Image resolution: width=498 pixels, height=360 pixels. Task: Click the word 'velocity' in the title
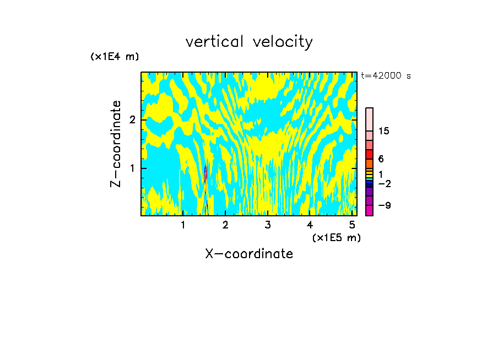[283, 42]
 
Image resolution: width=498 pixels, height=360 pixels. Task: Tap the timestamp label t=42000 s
[386, 76]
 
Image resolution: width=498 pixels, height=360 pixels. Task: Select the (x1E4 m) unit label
[115, 56]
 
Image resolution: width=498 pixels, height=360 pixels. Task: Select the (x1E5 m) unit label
[336, 237]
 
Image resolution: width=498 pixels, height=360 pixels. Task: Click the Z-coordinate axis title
[116, 144]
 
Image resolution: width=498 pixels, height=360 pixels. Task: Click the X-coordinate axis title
[249, 254]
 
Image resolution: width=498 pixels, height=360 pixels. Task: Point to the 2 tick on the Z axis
[132, 120]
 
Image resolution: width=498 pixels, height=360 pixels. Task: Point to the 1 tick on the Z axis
[132, 168]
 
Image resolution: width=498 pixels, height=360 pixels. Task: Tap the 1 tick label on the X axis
[183, 225]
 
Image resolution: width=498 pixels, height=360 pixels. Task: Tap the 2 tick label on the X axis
[225, 225]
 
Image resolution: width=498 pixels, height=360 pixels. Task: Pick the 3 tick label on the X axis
[268, 225]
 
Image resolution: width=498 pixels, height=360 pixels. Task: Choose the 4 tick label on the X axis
[310, 225]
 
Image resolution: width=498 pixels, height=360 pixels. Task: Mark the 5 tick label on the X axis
[351, 225]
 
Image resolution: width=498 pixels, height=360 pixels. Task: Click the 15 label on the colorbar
[384, 131]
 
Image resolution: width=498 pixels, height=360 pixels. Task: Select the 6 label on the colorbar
[381, 159]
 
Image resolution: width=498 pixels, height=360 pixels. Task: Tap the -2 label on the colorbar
[384, 183]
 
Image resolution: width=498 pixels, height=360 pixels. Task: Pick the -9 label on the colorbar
[384, 205]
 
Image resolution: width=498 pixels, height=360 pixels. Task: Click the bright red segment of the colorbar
[369, 154]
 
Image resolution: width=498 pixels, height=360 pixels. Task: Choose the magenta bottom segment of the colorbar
[369, 210]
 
